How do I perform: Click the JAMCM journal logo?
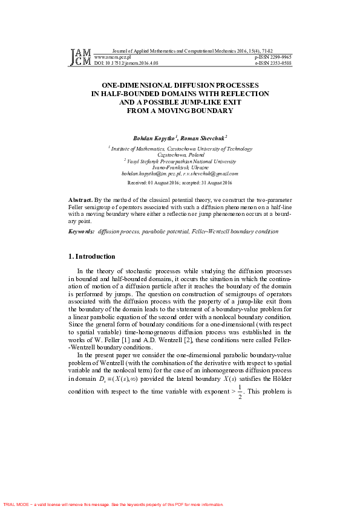[x=80, y=57]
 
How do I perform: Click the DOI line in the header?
[x=126, y=62]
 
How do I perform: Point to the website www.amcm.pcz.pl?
[x=113, y=57]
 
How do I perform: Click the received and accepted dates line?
[x=180, y=182]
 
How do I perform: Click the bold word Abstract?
[x=81, y=199]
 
